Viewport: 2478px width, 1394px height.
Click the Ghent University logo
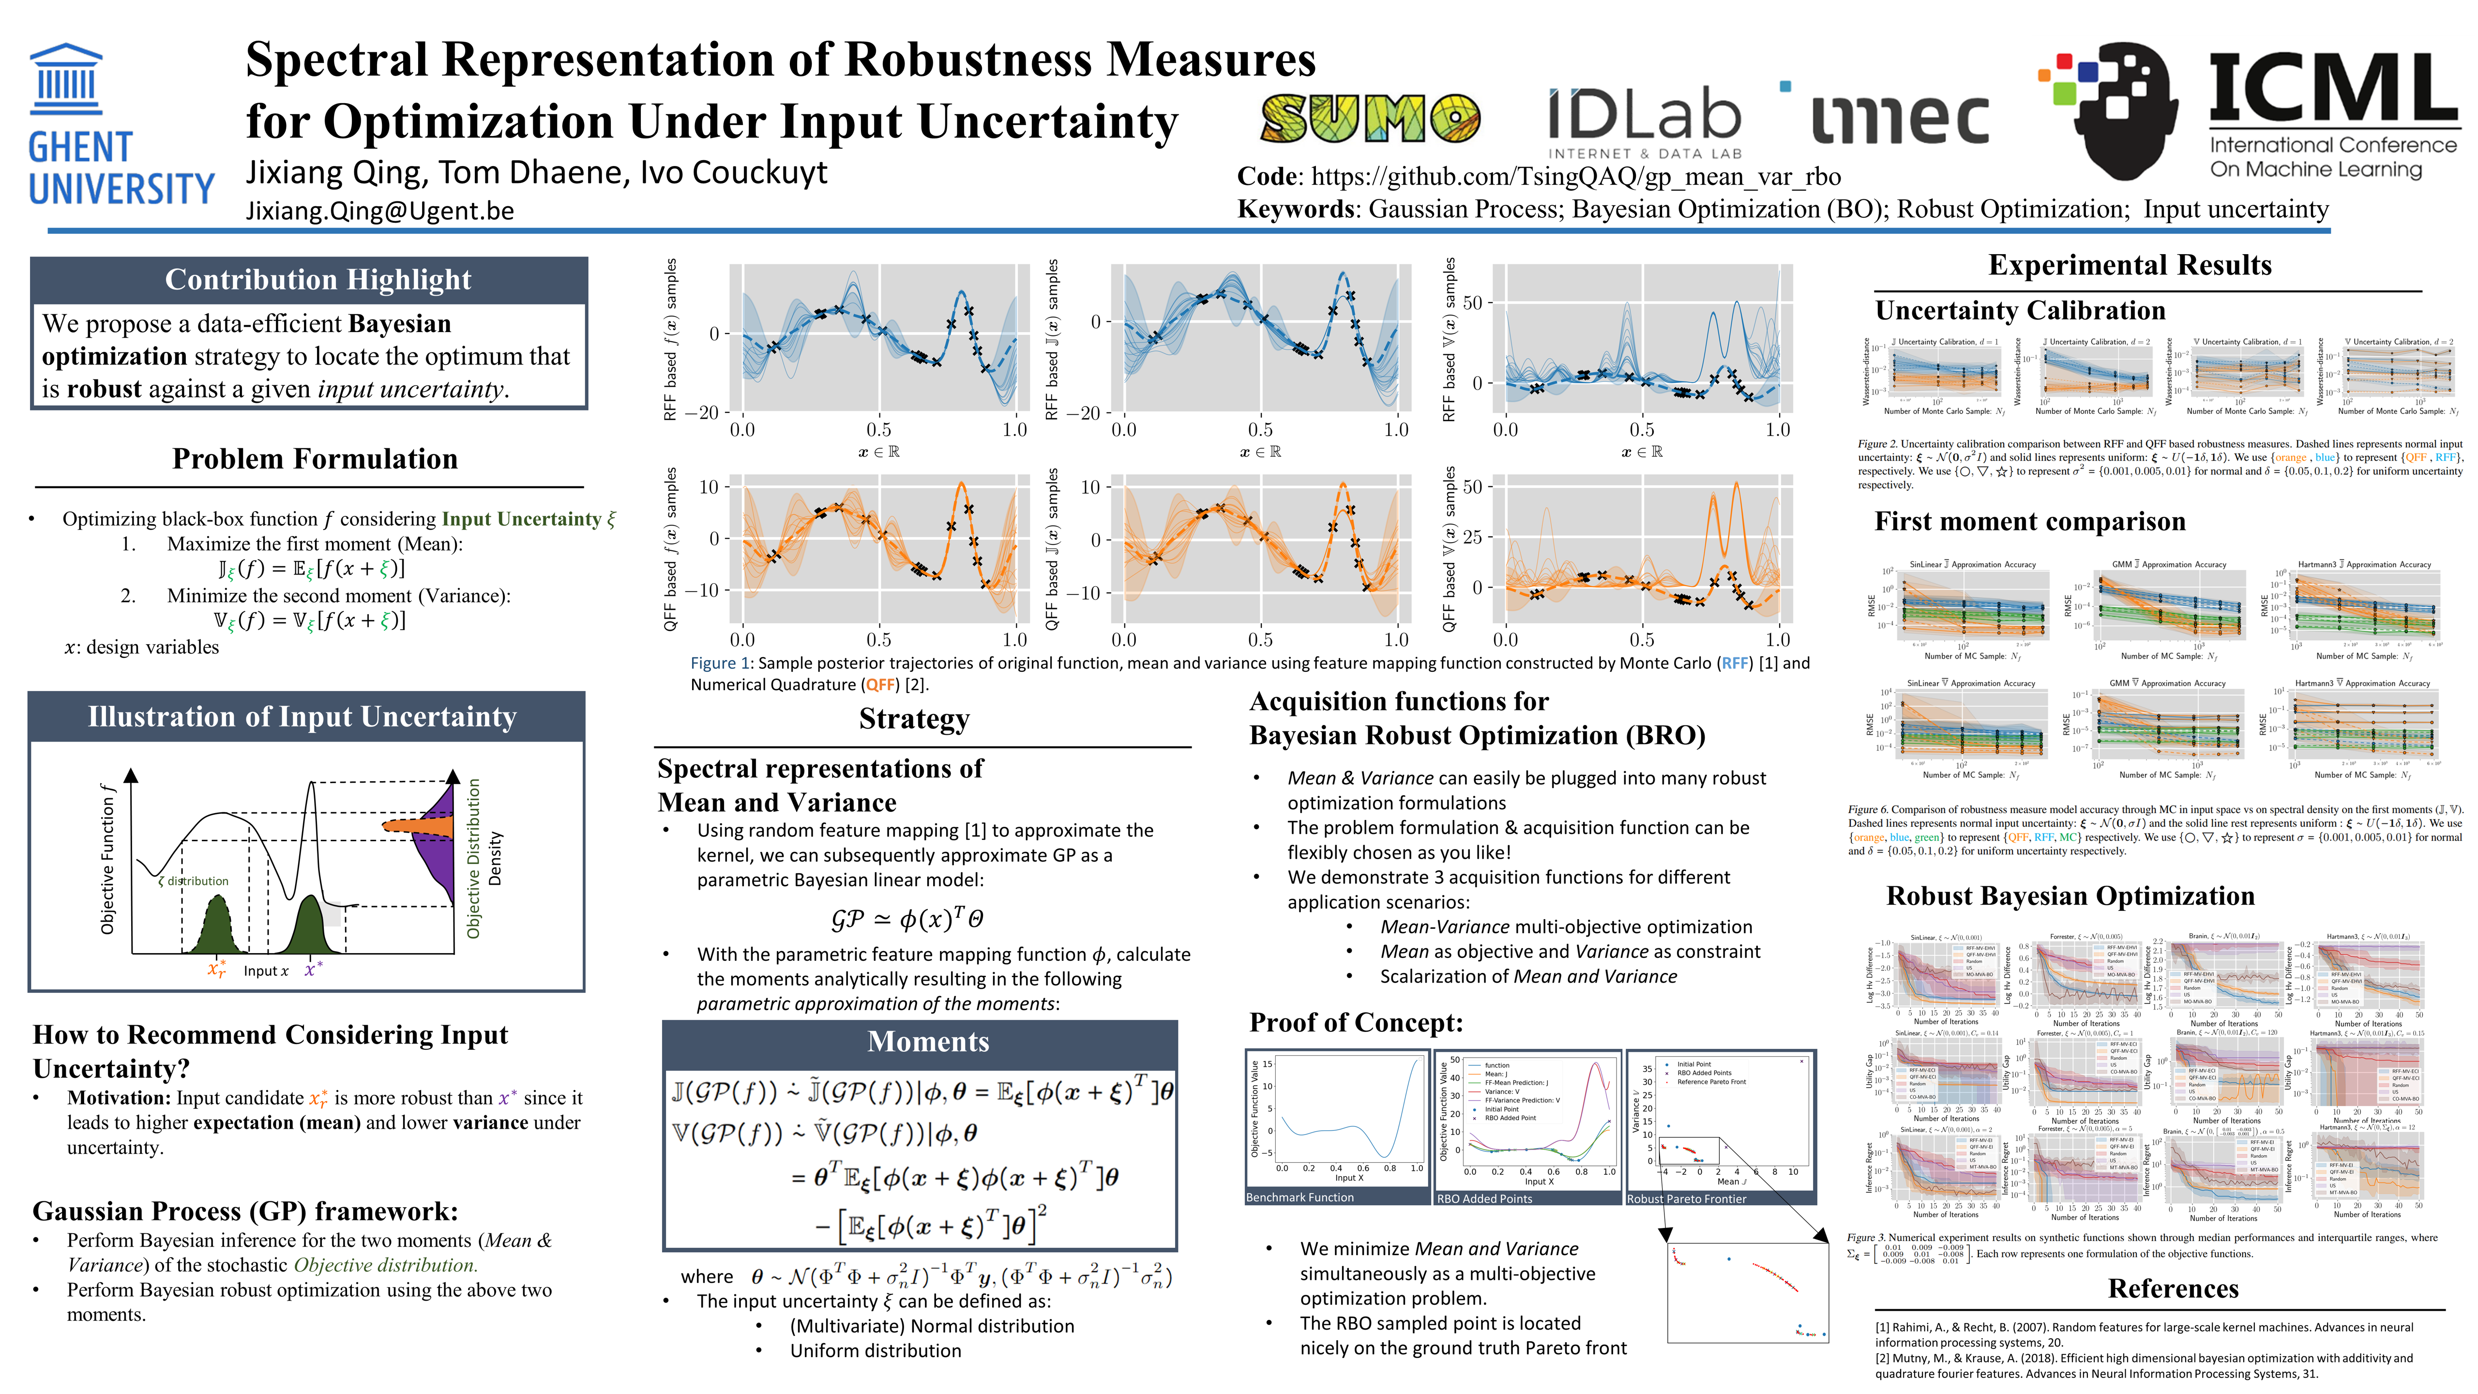click(120, 125)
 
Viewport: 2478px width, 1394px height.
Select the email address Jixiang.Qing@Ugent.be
click(380, 211)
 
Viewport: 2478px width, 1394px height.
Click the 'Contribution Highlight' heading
click(317, 279)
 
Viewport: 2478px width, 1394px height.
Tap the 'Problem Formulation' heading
click(315, 459)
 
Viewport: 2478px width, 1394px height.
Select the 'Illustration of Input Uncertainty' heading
click(302, 717)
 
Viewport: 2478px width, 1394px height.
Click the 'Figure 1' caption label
click(720, 663)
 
